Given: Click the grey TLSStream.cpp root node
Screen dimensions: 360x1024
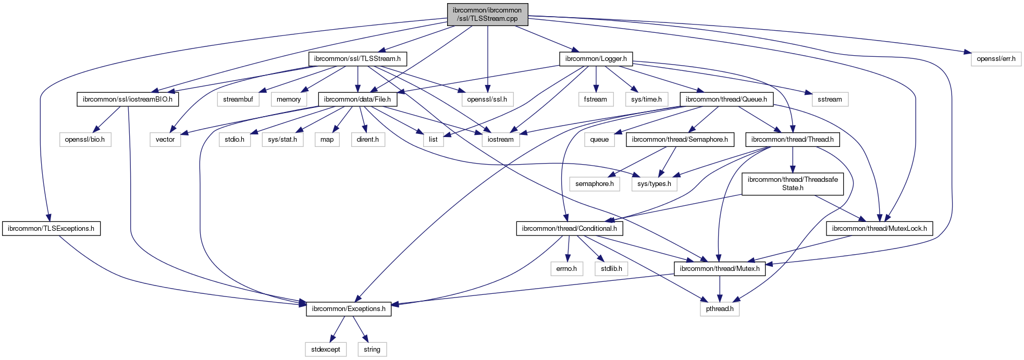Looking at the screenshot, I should [x=487, y=14].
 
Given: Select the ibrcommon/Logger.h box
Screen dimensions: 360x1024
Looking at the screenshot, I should [x=596, y=59].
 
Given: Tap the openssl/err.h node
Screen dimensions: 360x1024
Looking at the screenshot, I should [x=996, y=59].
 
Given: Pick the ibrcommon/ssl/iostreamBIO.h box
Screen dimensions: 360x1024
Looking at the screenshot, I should [x=127, y=99].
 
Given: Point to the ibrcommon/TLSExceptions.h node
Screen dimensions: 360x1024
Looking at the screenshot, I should [x=51, y=228].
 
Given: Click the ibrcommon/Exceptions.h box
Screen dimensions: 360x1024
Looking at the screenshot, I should [x=349, y=308].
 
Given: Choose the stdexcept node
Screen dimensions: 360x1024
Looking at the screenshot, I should [x=325, y=349].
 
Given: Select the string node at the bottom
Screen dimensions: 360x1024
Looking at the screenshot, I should [x=372, y=349].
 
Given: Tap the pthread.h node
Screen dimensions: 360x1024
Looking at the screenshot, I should [x=720, y=308].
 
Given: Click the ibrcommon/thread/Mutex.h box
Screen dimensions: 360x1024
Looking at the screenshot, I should [x=720, y=268].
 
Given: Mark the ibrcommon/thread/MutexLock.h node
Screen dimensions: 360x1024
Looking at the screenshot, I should [x=879, y=228].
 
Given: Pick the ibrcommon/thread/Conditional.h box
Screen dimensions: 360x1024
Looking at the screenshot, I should [x=569, y=228].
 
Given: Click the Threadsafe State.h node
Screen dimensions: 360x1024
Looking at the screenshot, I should [x=792, y=183].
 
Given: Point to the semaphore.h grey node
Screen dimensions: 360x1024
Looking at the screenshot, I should [x=594, y=183].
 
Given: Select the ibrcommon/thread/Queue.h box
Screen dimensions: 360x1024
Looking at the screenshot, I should [x=726, y=99].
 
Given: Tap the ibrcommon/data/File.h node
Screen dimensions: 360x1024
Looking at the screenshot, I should [x=357, y=99].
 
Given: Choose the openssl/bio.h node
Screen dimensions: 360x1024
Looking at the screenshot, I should [x=84, y=139].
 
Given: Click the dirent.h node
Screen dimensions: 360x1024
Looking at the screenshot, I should [x=367, y=139].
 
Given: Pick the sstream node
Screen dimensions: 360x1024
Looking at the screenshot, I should [x=830, y=99].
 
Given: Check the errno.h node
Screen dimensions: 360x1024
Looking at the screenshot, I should [x=566, y=268].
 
